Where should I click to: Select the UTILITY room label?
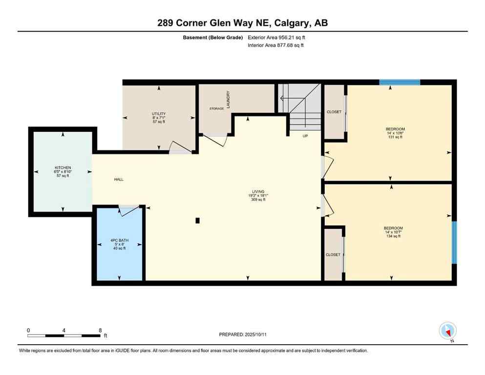(x=159, y=114)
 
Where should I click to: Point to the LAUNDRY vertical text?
(x=228, y=99)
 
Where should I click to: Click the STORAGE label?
(x=216, y=109)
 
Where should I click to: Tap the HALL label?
(x=119, y=180)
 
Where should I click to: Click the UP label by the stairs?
(x=305, y=136)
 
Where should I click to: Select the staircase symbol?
(x=299, y=107)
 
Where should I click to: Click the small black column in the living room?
(x=197, y=221)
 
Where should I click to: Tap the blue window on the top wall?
(x=400, y=82)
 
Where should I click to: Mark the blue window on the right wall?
(x=454, y=243)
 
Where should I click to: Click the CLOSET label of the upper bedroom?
(x=334, y=112)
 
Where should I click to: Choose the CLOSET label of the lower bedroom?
(x=333, y=255)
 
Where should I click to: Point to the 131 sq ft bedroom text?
(x=395, y=137)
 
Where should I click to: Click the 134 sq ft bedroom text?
(x=393, y=236)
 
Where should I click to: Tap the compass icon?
(x=447, y=331)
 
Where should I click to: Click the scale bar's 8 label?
(x=100, y=330)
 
